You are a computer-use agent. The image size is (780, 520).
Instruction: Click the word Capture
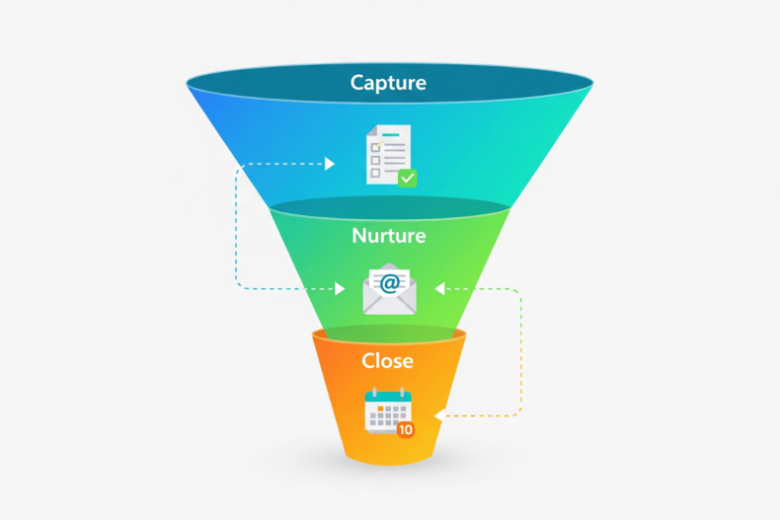[x=389, y=82]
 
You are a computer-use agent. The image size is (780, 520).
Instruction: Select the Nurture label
[x=389, y=236]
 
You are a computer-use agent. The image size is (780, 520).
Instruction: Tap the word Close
[x=387, y=360]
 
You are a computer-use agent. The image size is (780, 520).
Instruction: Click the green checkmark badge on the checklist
[x=407, y=178]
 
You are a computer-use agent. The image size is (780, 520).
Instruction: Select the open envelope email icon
[x=389, y=289]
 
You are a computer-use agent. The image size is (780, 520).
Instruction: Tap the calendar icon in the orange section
[x=387, y=412]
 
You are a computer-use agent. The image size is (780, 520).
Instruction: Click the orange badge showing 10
[x=405, y=430]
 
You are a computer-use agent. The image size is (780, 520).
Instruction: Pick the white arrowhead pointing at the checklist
[x=330, y=164]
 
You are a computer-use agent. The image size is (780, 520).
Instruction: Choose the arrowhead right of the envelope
[x=440, y=288]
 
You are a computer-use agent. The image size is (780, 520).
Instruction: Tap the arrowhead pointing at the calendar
[x=438, y=414]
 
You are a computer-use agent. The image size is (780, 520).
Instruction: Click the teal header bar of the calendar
[x=386, y=397]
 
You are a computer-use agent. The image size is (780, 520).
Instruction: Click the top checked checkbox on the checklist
[x=375, y=147]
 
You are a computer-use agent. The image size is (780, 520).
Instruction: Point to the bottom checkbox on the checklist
[x=375, y=172]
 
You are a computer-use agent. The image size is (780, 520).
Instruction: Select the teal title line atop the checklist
[x=392, y=134]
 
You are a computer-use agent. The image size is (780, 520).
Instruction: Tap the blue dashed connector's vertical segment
[x=236, y=227]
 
